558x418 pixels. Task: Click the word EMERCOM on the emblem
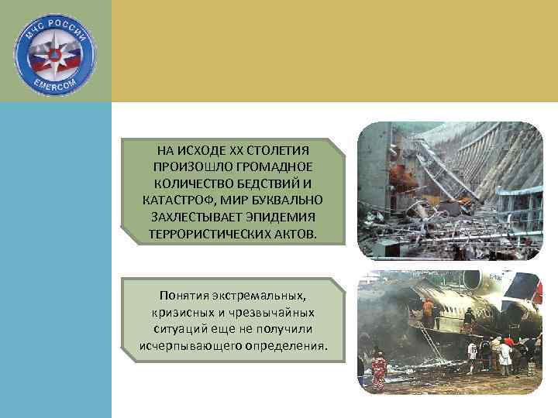click(56, 84)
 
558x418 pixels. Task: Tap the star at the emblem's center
click(56, 54)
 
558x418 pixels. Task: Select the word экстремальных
click(260, 296)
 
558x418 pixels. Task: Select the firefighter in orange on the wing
click(428, 308)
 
